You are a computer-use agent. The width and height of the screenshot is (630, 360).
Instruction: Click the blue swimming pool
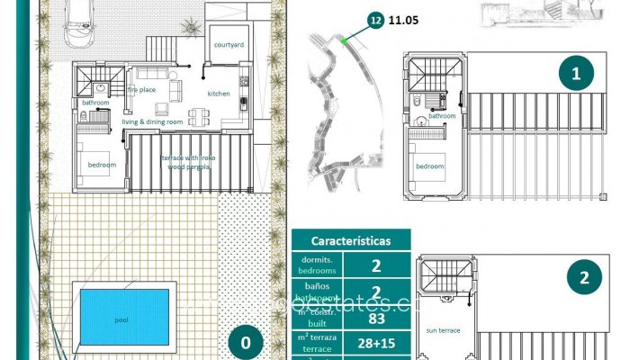[x=121, y=319]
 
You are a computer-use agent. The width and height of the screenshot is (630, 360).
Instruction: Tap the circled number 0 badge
[x=245, y=342]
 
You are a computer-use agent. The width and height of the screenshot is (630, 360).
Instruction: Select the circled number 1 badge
[x=576, y=74]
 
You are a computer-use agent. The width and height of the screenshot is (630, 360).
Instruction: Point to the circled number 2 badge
[x=585, y=277]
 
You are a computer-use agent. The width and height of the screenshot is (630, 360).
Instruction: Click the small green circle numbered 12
[x=375, y=17]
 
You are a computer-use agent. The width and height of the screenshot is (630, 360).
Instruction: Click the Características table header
[x=351, y=241]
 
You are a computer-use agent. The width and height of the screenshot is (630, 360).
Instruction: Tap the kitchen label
[x=220, y=94]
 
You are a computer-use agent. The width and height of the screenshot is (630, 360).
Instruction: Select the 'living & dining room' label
[x=153, y=121]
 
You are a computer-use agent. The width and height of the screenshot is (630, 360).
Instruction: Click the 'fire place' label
[x=142, y=90]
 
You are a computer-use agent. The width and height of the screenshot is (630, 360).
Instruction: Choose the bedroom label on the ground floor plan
[x=101, y=166]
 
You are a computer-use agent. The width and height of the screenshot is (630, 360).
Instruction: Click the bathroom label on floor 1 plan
[x=442, y=115]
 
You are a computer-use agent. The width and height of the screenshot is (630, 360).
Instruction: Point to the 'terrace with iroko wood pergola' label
[x=188, y=162]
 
